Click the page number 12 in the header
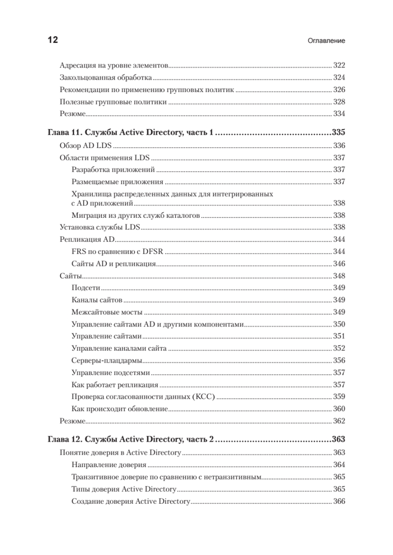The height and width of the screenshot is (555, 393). tap(52, 40)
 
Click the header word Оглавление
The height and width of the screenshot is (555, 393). tap(326, 41)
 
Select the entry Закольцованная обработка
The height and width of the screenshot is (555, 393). tap(106, 77)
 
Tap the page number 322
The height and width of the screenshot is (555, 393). tap(339, 65)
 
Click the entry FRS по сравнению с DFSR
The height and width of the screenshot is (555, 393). tap(119, 252)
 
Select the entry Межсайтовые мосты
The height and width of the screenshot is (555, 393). tap(107, 312)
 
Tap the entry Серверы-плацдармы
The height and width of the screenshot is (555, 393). tap(107, 360)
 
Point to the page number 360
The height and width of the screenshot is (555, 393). tap(339, 409)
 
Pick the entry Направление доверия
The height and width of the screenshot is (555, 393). tap(109, 465)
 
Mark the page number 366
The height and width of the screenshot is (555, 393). tap(339, 501)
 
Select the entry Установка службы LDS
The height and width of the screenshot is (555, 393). tap(100, 227)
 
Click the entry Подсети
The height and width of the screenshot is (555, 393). tap(84, 288)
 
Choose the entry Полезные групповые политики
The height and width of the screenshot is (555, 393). tap(113, 102)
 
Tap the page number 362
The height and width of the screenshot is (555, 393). tap(339, 421)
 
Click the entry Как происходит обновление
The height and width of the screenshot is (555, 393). tap(119, 409)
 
